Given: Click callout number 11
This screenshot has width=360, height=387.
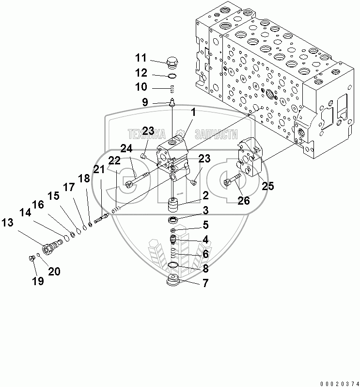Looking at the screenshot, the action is point(141,58).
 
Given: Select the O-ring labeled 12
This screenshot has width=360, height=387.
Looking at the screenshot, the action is point(172,76).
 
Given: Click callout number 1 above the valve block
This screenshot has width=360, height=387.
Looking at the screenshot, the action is point(193,112).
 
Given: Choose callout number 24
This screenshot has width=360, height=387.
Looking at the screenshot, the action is point(126,148).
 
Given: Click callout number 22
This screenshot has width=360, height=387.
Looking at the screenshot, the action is point(114,161).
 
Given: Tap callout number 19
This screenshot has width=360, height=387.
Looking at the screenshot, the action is point(37,281).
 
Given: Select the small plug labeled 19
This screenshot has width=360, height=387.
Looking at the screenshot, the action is point(31,258).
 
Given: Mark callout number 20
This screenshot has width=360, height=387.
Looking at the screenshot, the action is point(54,272).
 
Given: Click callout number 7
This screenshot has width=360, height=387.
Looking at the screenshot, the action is point(205,284).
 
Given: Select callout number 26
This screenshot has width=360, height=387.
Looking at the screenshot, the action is point(244,200).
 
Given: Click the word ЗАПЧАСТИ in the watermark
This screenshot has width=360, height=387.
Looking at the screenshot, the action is point(216,134).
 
